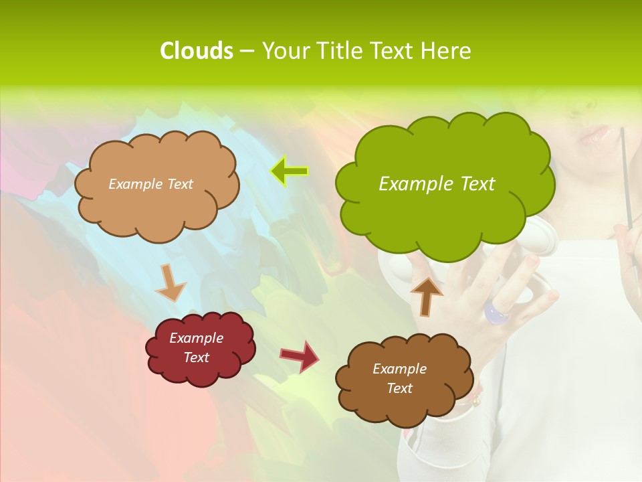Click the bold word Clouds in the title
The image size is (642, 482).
(196, 51)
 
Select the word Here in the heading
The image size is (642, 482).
(447, 51)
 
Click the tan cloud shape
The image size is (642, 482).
(156, 208)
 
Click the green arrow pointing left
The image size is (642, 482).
(289, 171)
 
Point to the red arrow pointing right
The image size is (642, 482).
(300, 355)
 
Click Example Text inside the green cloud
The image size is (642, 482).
(437, 183)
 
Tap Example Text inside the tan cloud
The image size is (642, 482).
(150, 184)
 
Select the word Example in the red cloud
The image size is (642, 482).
(196, 338)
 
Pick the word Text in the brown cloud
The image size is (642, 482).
(399, 388)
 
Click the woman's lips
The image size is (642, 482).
(593, 133)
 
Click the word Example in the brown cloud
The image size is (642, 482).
(399, 369)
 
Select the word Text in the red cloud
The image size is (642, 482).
(196, 357)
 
